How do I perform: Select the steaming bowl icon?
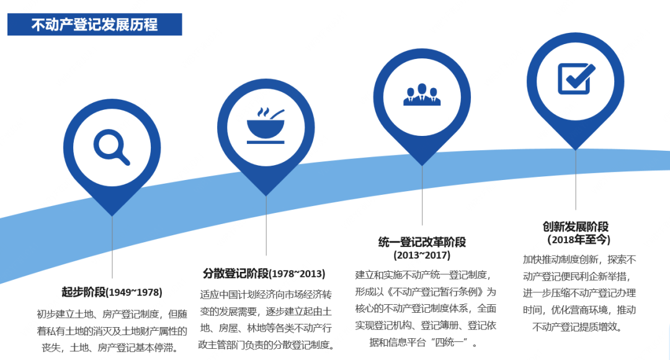coord(266,124)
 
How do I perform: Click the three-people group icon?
coord(422,93)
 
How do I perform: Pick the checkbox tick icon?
coord(576,78)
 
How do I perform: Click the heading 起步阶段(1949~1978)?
coord(112,292)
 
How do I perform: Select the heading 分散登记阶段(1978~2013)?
coord(264,273)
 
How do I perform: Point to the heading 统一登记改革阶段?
coord(422,241)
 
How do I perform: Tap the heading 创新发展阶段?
coord(576,227)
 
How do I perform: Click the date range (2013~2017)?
coord(422,255)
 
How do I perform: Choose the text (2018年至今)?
coord(576,240)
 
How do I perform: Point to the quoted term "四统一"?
coord(457,342)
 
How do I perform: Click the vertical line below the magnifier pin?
coord(112,248)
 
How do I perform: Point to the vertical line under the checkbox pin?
coord(576,180)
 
